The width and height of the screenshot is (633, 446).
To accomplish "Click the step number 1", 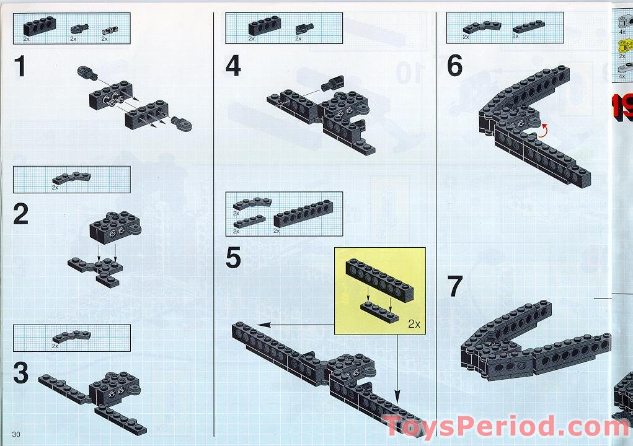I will [21, 66].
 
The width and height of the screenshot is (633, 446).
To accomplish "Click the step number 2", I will [21, 214].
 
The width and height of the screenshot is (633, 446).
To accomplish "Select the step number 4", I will [233, 66].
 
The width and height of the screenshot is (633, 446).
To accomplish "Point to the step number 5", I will [233, 258].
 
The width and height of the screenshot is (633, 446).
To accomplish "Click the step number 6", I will [455, 66].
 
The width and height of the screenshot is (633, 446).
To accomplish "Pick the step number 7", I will [455, 286].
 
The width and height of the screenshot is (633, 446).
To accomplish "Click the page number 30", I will [16, 432].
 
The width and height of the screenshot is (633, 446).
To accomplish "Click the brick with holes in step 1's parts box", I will [39, 26].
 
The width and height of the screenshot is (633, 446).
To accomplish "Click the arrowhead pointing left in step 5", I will [261, 324].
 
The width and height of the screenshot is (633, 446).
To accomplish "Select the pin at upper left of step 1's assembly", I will [87, 72].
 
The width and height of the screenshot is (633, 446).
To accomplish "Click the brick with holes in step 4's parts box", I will [264, 26].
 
